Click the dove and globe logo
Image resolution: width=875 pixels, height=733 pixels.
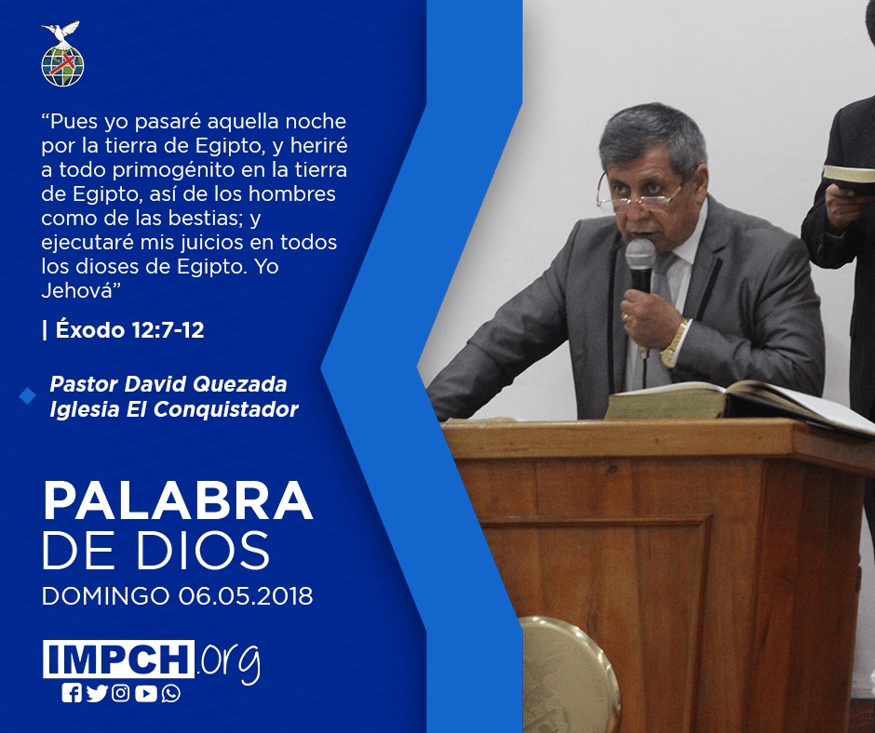click(x=62, y=54)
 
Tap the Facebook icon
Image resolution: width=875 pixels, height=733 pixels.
click(x=72, y=693)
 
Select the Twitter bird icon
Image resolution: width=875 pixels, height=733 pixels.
click(x=97, y=693)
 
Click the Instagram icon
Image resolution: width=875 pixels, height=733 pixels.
click(x=120, y=693)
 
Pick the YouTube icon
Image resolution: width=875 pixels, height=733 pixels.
click(x=145, y=693)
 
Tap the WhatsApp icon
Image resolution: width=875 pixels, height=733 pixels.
click(x=170, y=693)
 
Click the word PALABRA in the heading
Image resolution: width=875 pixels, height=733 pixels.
click(x=178, y=501)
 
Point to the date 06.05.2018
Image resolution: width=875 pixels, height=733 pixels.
click(x=246, y=595)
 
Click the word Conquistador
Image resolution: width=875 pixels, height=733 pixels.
click(x=226, y=409)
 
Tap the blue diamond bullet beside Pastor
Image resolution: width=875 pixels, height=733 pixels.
click(x=27, y=396)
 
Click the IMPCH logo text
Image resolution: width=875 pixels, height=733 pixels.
click(x=118, y=659)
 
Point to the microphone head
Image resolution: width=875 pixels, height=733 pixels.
click(x=640, y=256)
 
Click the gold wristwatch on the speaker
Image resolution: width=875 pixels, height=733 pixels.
click(x=674, y=343)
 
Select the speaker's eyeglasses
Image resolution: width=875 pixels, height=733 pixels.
click(x=641, y=193)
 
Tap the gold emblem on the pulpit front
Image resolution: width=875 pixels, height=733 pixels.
click(x=569, y=674)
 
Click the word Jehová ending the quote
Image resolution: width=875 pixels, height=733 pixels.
click(x=77, y=290)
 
